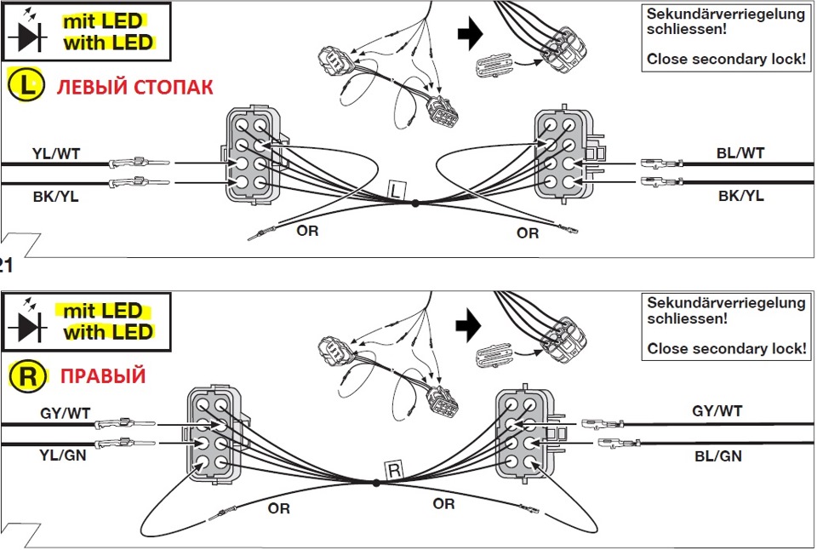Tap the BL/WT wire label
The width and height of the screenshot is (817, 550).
(740, 153)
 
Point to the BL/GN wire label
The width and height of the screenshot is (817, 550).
(717, 456)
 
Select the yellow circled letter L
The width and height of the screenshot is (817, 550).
(26, 87)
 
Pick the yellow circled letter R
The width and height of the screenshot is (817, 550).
(26, 376)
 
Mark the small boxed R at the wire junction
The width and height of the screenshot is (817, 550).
(394, 470)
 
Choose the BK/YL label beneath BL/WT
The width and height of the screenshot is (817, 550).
(740, 197)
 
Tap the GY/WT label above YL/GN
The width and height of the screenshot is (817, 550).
(65, 413)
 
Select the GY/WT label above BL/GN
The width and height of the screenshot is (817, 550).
(717, 411)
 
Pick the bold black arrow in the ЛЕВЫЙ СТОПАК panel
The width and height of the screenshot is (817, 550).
(469, 34)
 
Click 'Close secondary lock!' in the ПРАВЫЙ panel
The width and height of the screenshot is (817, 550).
(726, 349)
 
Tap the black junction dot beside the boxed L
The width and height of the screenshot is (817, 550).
(415, 203)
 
